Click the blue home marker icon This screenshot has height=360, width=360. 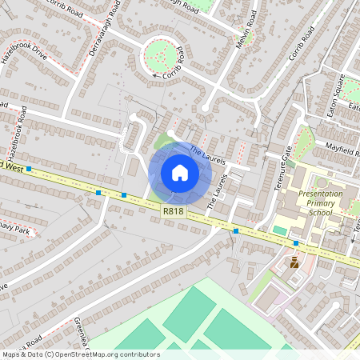179,173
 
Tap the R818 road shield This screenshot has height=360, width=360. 172,211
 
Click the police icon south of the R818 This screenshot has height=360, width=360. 294,262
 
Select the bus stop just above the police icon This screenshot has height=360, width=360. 296,242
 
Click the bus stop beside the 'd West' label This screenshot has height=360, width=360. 29,169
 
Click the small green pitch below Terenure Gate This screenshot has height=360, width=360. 280,230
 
